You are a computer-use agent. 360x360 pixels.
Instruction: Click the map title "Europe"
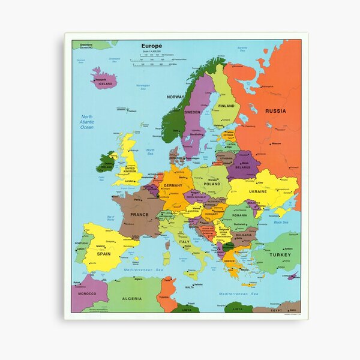tap(152, 46)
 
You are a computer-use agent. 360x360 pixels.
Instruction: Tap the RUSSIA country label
tap(275, 111)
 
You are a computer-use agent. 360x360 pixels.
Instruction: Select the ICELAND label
tap(105, 84)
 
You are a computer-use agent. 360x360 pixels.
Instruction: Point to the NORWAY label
tap(176, 97)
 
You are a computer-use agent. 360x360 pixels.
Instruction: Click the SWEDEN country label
tap(193, 112)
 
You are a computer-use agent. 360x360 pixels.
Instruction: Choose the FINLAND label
tap(226, 106)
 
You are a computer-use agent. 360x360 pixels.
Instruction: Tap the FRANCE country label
tap(139, 214)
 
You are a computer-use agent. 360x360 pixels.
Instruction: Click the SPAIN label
tap(104, 254)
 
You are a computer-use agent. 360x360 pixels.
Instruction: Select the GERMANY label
tap(173, 186)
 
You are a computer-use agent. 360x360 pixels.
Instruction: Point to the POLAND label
tap(212, 184)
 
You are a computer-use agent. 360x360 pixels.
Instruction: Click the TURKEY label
tap(280, 255)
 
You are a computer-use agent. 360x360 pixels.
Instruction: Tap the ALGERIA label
tap(132, 298)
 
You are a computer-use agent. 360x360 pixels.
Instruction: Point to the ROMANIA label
tap(239, 215)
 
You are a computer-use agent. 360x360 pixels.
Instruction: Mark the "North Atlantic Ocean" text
tap(87, 122)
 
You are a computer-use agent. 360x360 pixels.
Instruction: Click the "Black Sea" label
tap(281, 222)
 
